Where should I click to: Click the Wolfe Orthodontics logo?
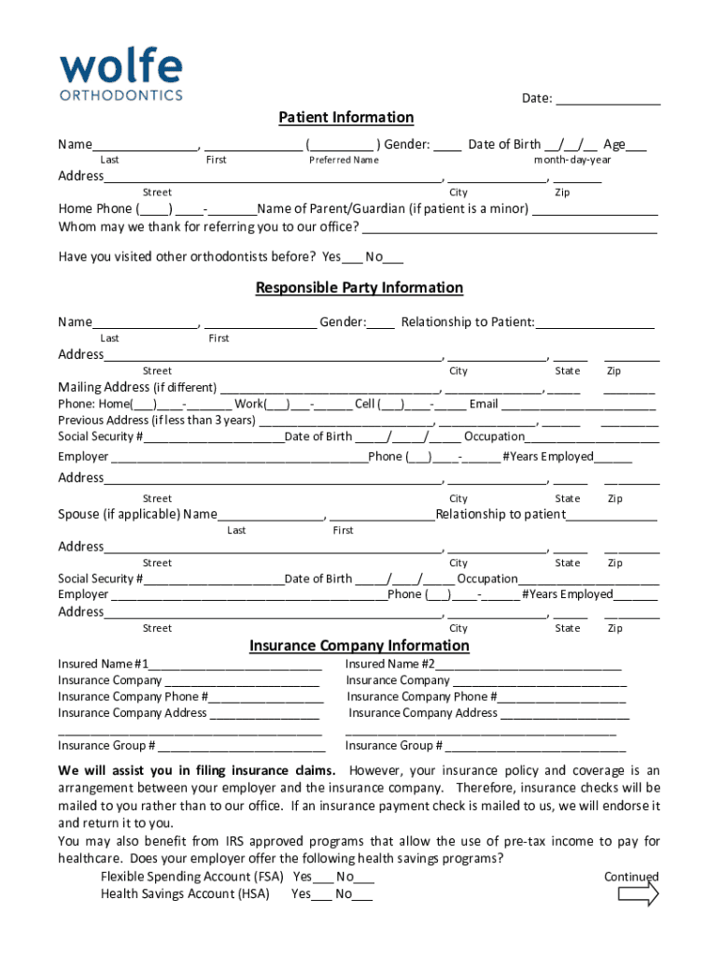[x=121, y=76]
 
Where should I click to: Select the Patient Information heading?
[x=345, y=118]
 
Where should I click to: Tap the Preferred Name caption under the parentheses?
[x=344, y=160]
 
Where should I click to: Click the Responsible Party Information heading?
[x=359, y=288]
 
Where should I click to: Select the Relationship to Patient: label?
[x=467, y=322]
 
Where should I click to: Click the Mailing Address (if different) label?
[x=137, y=387]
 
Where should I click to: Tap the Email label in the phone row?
[x=484, y=404]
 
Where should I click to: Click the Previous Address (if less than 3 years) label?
[x=156, y=420]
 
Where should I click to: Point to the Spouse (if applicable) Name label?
[x=137, y=514]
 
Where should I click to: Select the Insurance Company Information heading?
[x=359, y=646]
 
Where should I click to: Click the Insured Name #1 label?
[x=103, y=664]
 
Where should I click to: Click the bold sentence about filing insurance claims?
[x=197, y=771]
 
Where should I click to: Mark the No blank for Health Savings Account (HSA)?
[x=362, y=895]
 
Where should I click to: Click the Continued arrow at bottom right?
[x=639, y=895]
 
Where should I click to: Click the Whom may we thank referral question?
[x=208, y=227]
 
